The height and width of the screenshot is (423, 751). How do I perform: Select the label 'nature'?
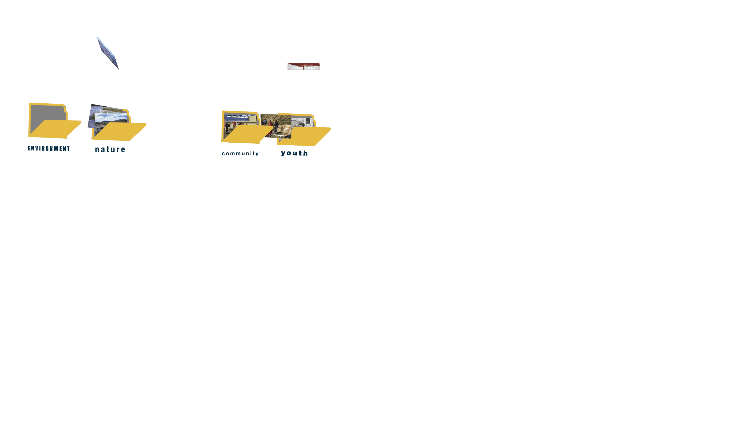110,150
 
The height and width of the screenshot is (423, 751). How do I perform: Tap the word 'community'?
240,154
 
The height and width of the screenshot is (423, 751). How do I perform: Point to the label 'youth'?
294,153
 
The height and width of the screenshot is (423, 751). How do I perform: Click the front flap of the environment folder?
56,129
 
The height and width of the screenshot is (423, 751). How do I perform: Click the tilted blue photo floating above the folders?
108,53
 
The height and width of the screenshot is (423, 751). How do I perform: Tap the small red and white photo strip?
304,67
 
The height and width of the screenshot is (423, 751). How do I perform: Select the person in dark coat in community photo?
227,126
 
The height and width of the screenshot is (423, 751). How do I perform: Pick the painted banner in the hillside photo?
284,128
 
